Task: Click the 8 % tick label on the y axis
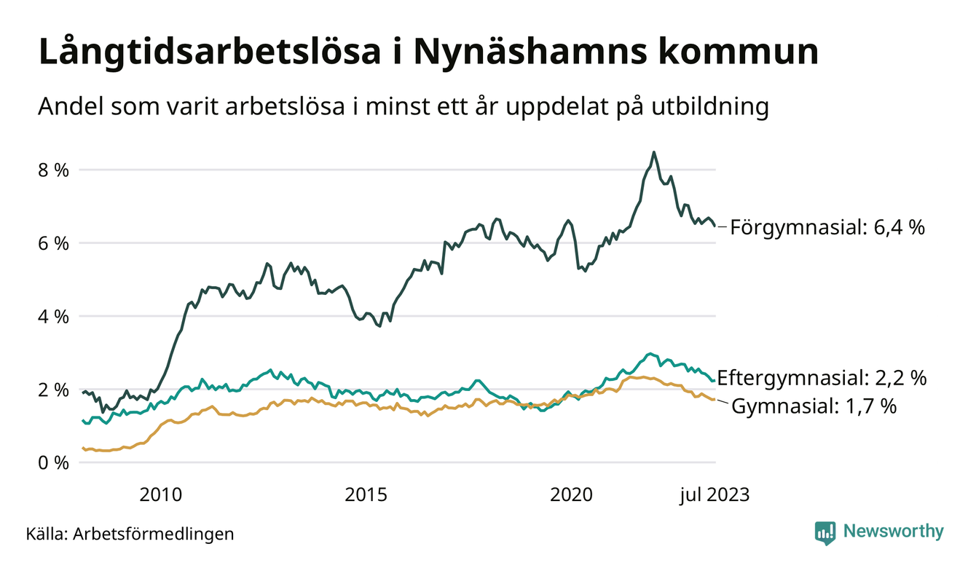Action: click(x=52, y=170)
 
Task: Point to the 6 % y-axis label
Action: click(x=52, y=243)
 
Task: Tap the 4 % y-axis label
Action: click(x=52, y=317)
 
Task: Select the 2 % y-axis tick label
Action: click(x=52, y=390)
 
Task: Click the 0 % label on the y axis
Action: click(x=52, y=463)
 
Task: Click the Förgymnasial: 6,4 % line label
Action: click(x=827, y=228)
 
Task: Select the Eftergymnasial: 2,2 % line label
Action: click(x=822, y=378)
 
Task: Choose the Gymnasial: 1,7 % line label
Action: click(x=814, y=406)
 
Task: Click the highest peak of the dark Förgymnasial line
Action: click(x=654, y=152)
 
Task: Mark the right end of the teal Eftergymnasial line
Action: click(x=714, y=381)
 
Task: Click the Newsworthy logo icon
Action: click(x=825, y=532)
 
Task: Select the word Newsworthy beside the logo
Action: click(x=893, y=532)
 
